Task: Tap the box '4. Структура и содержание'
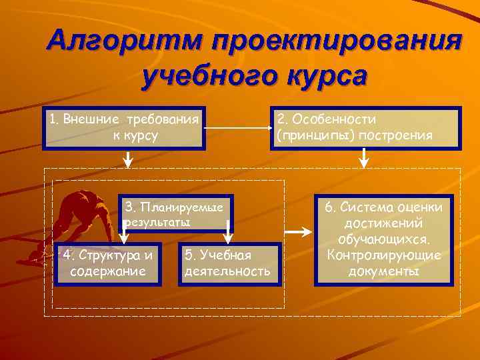coord(108,263)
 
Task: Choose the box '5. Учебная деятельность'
coord(227,263)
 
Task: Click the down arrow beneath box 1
coord(129,159)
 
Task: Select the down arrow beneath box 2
coord(364,159)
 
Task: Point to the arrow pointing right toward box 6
coord(300,231)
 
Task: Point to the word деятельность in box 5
coord(227,271)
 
